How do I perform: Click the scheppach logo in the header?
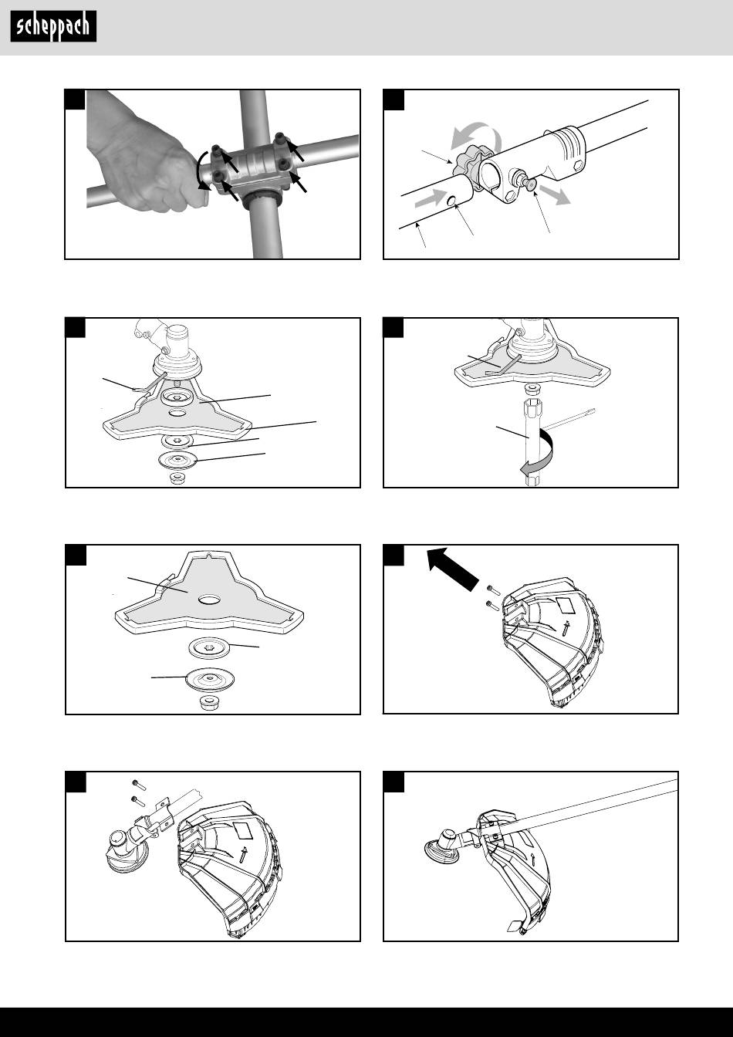53,26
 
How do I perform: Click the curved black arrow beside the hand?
202,171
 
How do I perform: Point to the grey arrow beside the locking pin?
555,194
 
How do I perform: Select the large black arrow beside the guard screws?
452,569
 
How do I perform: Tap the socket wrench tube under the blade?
532,441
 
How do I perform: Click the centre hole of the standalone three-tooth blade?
210,600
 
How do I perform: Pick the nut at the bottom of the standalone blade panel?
210,702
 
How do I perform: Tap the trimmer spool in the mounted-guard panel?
443,846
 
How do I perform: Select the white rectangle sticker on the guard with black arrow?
566,604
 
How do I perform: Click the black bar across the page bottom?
366,1022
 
